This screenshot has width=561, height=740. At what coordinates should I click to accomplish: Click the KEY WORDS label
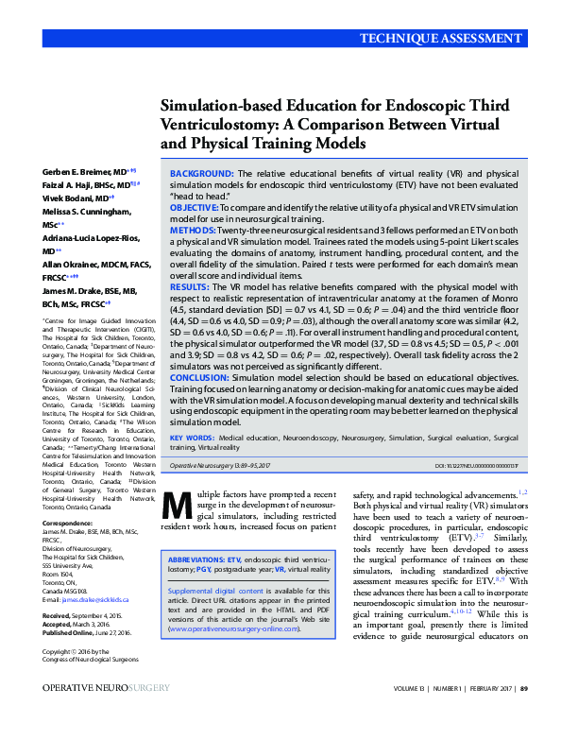coord(192,439)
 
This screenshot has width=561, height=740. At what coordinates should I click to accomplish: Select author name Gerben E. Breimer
coord(76,173)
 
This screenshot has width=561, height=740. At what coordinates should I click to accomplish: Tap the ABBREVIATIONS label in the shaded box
coord(197,559)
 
